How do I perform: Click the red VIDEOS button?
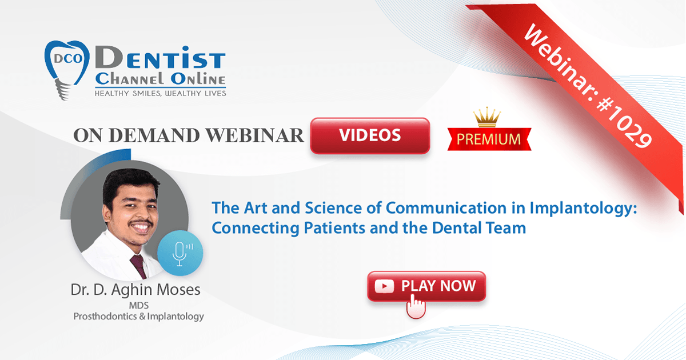(370, 135)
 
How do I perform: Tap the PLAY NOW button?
(426, 286)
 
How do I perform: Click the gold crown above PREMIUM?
(487, 117)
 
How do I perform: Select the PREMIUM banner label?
(489, 139)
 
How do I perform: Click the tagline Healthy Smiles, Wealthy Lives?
(160, 93)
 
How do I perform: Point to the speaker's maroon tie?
(139, 266)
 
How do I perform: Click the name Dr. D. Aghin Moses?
(135, 290)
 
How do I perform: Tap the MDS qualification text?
(139, 306)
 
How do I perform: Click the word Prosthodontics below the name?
(105, 317)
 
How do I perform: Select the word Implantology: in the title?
(584, 209)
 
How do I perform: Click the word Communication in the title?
(446, 208)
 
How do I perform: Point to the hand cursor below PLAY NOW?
(416, 306)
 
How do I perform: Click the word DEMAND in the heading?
(154, 135)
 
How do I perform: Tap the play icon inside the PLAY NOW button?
(384, 286)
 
